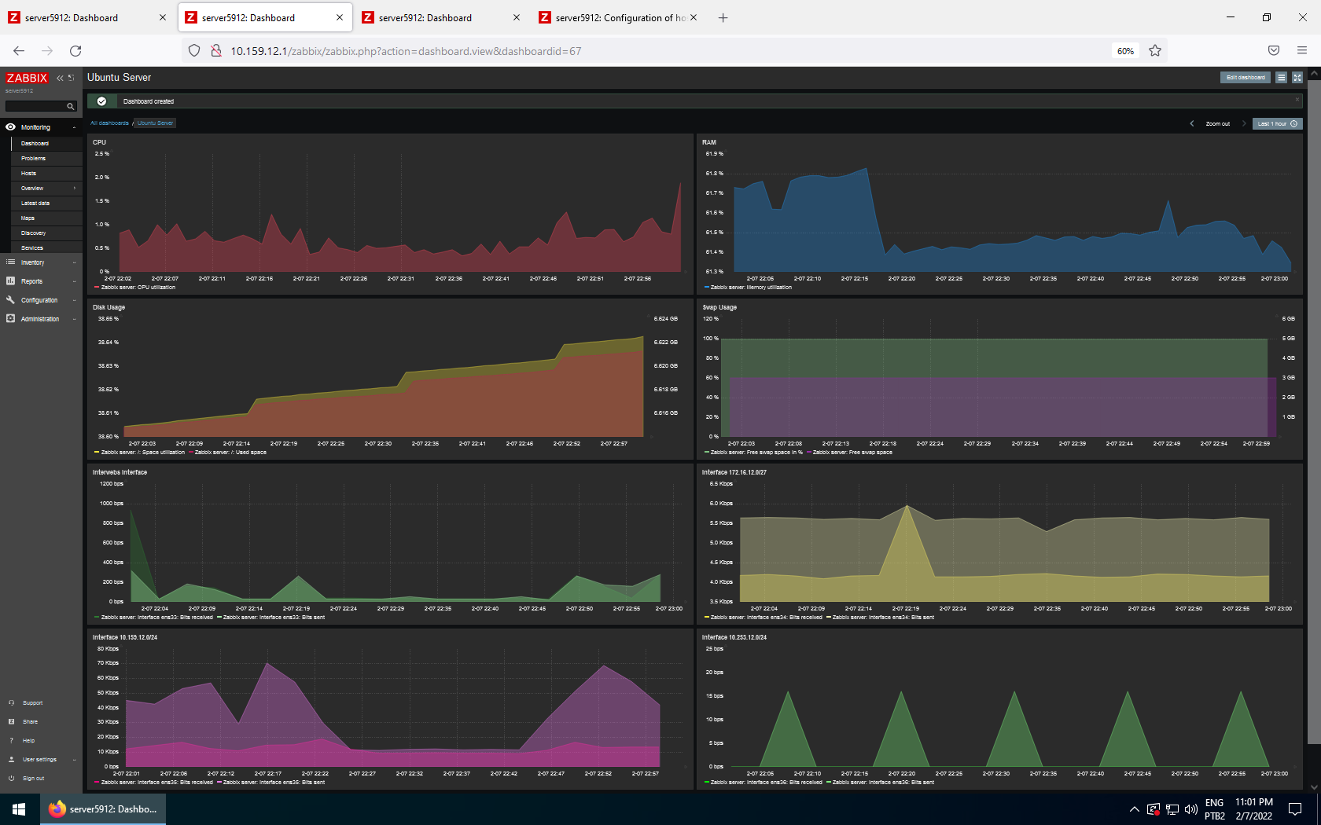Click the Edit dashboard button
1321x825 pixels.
[1246, 78]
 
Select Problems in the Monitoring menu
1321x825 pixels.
[33, 159]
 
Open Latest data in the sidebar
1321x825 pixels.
[35, 203]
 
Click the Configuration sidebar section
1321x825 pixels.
[39, 300]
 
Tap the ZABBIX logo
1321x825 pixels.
[27, 78]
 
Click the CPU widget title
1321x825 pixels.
[99, 142]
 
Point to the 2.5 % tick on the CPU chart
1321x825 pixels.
[102, 154]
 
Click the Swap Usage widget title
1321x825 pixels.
[719, 307]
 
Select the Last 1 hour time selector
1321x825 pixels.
[1277, 124]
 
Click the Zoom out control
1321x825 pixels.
[1217, 124]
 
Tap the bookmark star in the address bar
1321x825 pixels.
[1154, 51]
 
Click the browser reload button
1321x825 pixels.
[75, 51]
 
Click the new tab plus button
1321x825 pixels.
[723, 18]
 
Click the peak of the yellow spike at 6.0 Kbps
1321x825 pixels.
[907, 505]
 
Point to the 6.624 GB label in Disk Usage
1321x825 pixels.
[665, 319]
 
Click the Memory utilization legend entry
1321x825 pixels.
[750, 288]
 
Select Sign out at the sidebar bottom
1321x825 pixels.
[33, 779]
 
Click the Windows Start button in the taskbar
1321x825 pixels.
[20, 809]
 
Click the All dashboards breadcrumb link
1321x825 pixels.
[109, 123]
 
